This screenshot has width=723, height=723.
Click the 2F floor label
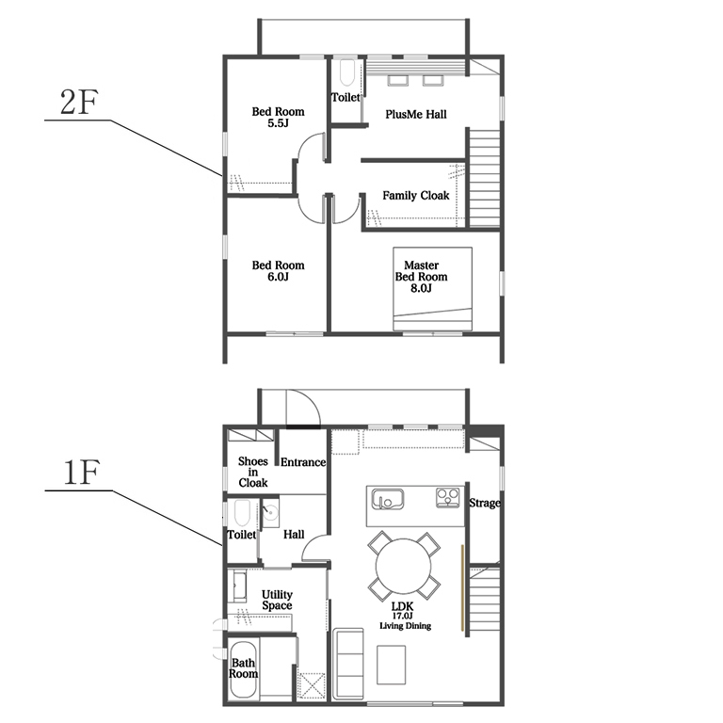click(79, 102)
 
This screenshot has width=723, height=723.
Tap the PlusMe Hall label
click(416, 114)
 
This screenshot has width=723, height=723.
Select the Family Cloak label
click(415, 196)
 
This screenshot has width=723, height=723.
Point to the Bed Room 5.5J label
click(278, 117)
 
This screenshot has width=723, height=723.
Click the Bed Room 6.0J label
click(278, 271)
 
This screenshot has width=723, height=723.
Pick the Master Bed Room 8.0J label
click(421, 277)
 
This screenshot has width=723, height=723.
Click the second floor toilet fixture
click(346, 73)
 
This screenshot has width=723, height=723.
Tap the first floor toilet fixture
click(242, 513)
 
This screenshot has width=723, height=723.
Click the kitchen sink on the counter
click(388, 499)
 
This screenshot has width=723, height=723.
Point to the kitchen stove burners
click(448, 498)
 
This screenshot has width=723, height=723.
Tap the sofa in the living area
click(348, 664)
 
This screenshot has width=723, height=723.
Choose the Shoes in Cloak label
click(252, 473)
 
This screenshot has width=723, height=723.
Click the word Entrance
click(303, 462)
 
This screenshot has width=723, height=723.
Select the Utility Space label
click(277, 600)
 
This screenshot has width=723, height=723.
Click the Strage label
click(485, 503)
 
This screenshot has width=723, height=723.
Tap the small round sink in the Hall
click(270, 512)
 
